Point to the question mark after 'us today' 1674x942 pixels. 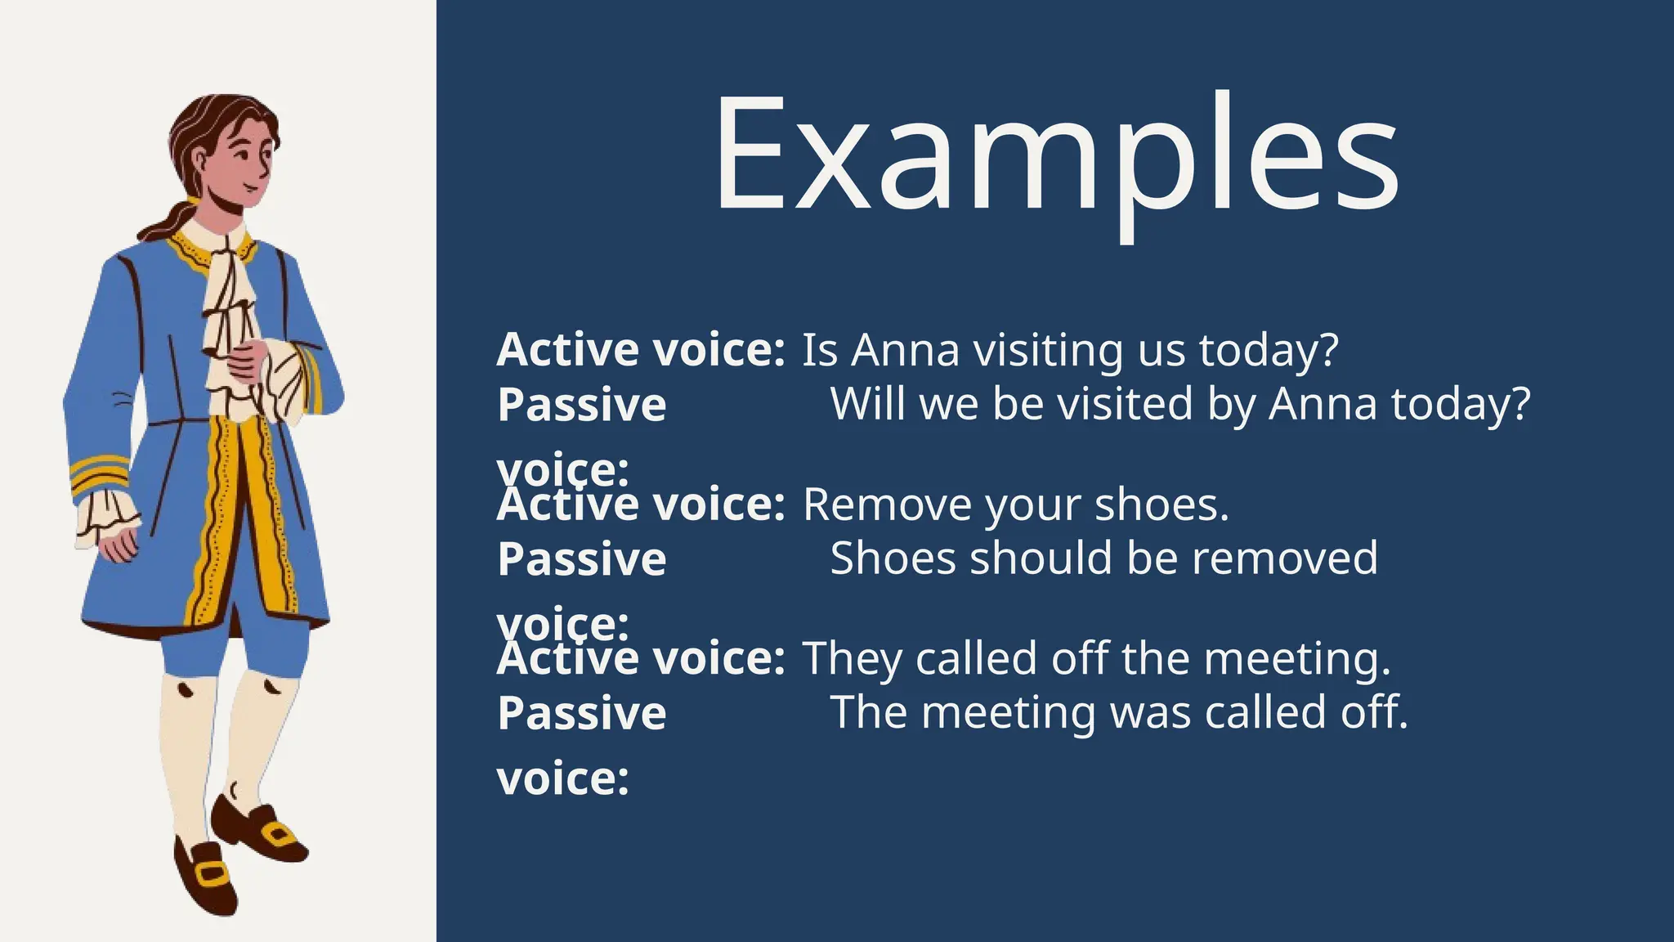tap(1329, 351)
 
